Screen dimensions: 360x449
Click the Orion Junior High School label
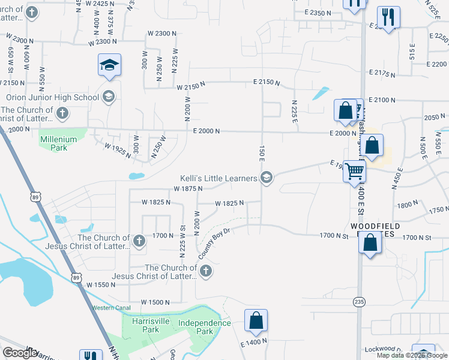coord(53,97)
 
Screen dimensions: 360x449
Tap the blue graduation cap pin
coord(110,65)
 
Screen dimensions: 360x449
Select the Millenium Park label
coord(58,143)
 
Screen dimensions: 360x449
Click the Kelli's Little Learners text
coord(218,178)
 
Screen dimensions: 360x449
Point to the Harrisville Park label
coord(142,325)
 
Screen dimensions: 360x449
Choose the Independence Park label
coord(204,327)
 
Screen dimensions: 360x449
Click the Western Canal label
coord(110,308)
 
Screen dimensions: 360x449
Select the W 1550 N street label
coord(101,284)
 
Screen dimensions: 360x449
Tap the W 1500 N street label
coord(155,302)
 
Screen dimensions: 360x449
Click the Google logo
coord(20,353)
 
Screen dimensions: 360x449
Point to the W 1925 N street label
coord(117,149)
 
